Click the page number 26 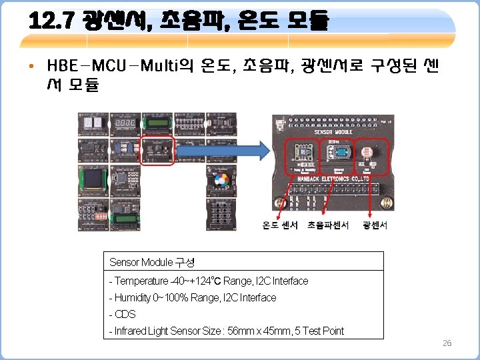coord(447,343)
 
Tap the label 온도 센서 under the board coord(280,225)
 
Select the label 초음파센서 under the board coord(328,225)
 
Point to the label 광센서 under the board coord(375,225)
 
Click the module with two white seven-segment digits coord(94,125)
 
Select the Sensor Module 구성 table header coord(151,262)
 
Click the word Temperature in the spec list coord(141,281)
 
